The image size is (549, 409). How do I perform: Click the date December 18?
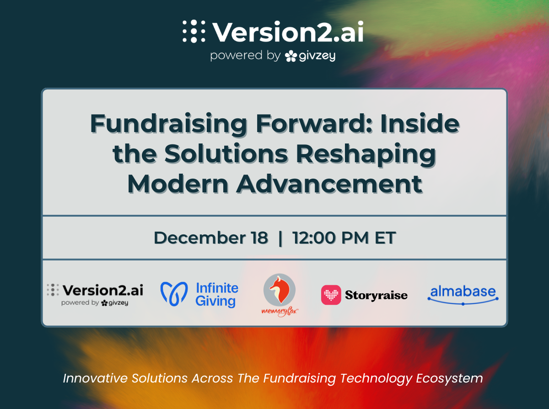click(x=211, y=238)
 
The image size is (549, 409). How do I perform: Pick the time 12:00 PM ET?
click(x=344, y=238)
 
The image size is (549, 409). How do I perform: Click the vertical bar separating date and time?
click(x=280, y=238)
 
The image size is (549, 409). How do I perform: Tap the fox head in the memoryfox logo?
click(x=279, y=289)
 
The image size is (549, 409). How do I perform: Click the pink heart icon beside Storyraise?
click(x=331, y=295)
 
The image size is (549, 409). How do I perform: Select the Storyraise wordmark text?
click(x=377, y=295)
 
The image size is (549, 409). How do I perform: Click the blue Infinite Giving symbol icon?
click(x=174, y=294)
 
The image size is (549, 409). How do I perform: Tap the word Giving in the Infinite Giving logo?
click(x=215, y=302)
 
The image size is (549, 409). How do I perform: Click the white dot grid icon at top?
click(x=194, y=32)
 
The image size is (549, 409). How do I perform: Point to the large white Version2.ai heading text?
click(x=288, y=32)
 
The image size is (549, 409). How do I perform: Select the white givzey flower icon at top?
click(x=291, y=56)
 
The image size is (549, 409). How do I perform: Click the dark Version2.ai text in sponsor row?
click(x=103, y=290)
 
